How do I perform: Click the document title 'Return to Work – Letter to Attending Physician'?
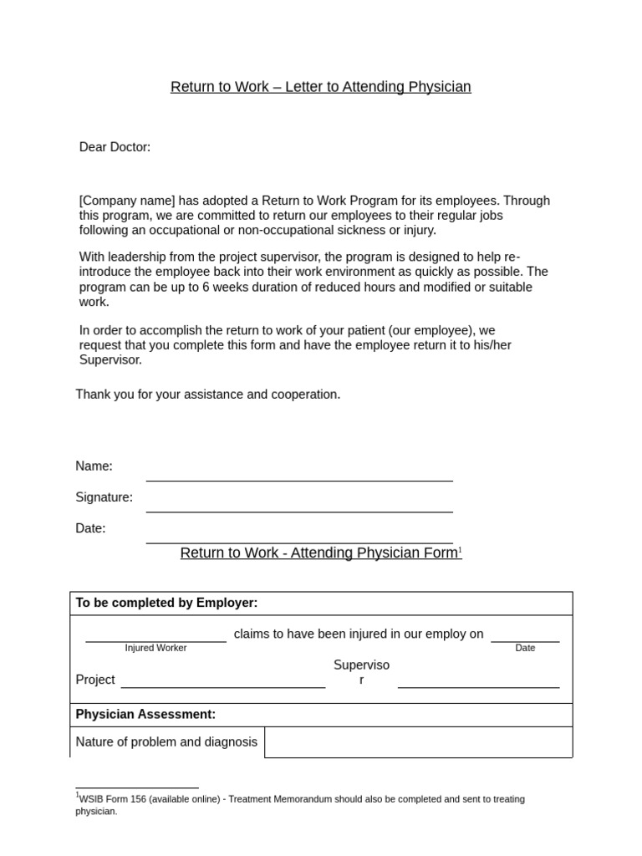tap(321, 87)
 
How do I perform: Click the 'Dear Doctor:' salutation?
tap(115, 147)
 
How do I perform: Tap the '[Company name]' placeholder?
tap(127, 201)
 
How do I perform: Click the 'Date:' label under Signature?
tap(90, 528)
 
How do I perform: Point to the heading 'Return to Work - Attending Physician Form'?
tap(318, 553)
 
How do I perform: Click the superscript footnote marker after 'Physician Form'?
tap(460, 550)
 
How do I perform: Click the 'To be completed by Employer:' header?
tap(166, 603)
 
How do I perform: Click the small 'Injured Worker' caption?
tap(155, 648)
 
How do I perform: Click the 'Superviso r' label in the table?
tap(361, 672)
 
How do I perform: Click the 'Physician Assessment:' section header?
tap(145, 714)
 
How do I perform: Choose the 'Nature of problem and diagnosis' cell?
tap(166, 741)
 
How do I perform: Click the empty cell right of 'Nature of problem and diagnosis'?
tap(418, 741)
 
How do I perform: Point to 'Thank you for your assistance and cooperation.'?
tap(208, 394)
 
